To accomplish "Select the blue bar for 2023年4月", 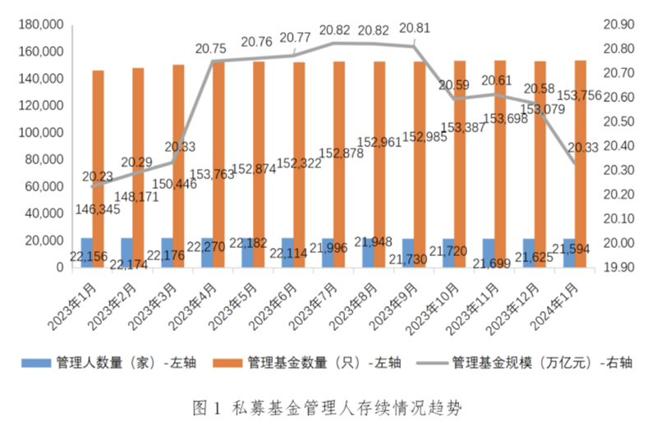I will click(x=207, y=252).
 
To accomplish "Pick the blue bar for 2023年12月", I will click(x=528, y=253).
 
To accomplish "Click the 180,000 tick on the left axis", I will click(x=40, y=25).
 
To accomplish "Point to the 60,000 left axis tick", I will click(x=44, y=186).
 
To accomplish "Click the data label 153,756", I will click(x=581, y=95).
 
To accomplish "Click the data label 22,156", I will click(x=87, y=256).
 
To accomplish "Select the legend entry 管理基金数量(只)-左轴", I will click(x=312, y=362).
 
